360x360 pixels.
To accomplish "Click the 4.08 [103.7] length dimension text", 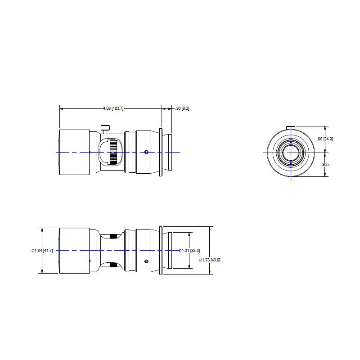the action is pos(113,108).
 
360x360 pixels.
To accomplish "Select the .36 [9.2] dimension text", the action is pos(182,108).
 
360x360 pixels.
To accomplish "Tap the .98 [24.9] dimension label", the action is pos(325,139).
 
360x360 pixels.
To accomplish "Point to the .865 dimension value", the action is pos(325,164).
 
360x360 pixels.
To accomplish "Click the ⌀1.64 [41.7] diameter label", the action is pos(42,251).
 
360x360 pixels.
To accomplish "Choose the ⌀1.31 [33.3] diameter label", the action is pos(189,251).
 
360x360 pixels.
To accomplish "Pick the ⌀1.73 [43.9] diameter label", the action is pos(210,260).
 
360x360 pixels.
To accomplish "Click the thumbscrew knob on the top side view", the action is pos(105,128).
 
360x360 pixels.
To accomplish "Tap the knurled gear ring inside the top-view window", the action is pos(113,152).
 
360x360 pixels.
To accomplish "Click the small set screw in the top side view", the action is pos(147,152).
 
